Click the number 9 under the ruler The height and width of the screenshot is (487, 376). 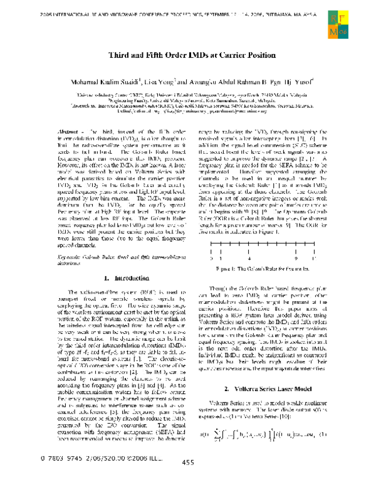(x=294, y=274)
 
